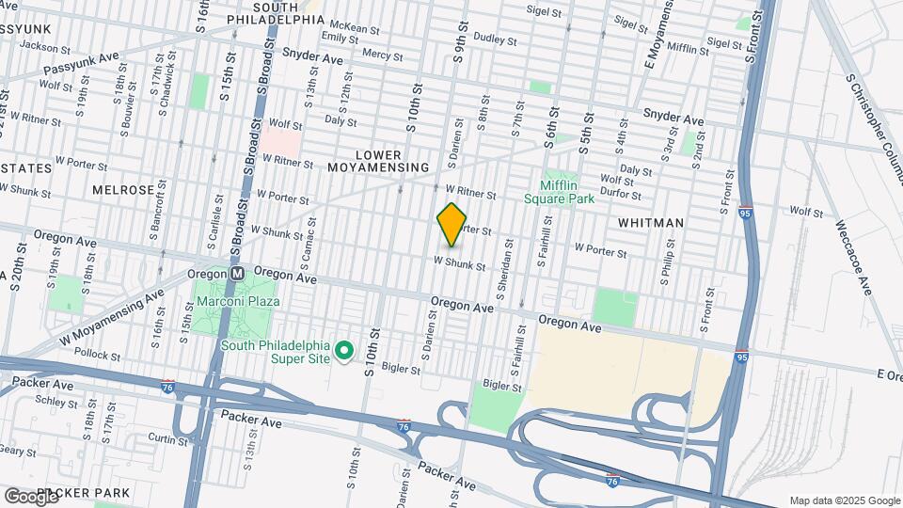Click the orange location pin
[x=452, y=224]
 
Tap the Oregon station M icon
[x=238, y=273]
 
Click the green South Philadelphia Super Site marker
[x=344, y=351]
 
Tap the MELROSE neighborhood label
[x=122, y=189]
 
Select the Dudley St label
[x=496, y=40]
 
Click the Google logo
[x=30, y=495]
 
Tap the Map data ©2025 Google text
[x=845, y=500]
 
